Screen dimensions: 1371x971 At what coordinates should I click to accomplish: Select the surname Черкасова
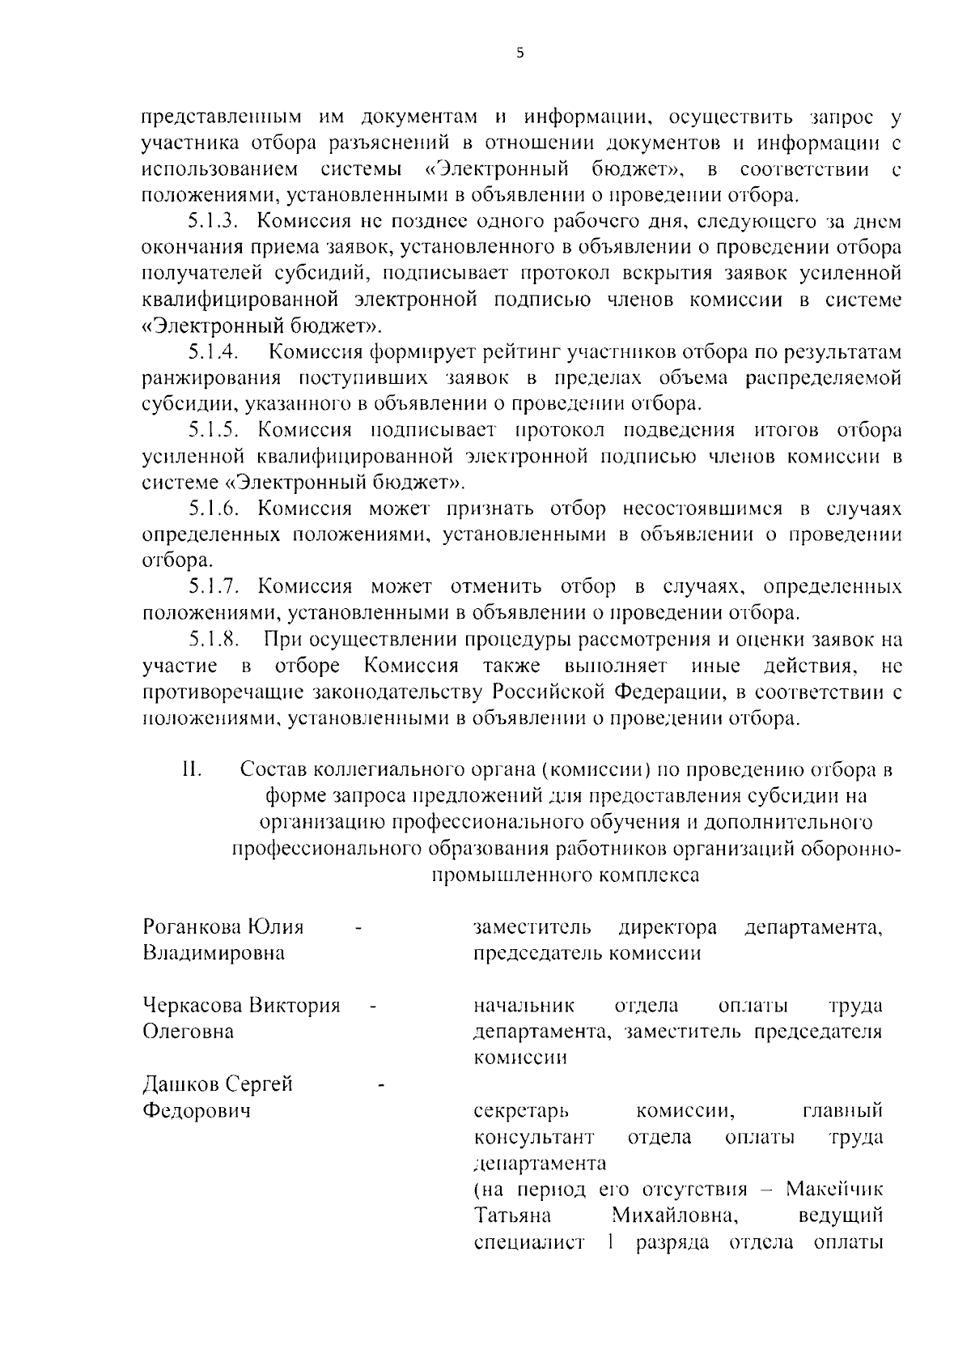pos(193,1006)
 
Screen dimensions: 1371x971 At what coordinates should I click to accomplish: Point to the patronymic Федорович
pos(197,1110)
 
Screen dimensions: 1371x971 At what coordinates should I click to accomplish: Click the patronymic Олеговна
pos(188,1032)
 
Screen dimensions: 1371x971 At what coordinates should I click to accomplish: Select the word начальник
pos(524,1006)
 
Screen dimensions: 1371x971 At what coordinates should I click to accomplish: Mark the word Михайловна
pos(674,1216)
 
